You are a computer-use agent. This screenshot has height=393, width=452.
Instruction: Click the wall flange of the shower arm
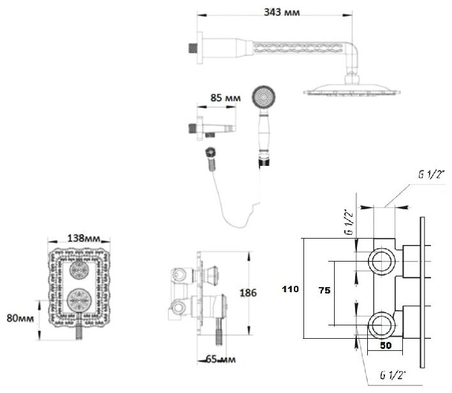pos(198,47)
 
